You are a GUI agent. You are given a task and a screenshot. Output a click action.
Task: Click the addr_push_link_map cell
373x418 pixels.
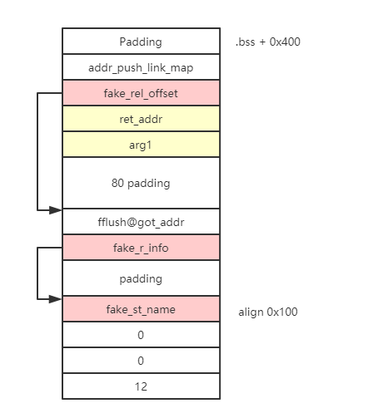pos(141,67)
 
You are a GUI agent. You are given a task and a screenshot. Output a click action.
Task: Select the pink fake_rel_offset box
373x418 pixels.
pos(141,93)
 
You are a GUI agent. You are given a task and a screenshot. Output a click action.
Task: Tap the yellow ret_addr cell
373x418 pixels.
pos(141,119)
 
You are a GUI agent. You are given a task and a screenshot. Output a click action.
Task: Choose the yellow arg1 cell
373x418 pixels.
pos(141,145)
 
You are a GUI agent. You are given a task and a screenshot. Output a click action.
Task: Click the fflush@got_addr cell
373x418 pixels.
pos(141,222)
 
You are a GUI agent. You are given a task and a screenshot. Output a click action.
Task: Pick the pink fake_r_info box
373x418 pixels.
pos(141,248)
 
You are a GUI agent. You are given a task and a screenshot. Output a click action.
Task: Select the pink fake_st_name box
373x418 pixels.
pos(141,309)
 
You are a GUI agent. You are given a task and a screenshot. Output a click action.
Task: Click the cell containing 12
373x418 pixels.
pos(141,386)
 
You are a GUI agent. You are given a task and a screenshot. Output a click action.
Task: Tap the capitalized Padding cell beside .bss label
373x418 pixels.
pos(141,42)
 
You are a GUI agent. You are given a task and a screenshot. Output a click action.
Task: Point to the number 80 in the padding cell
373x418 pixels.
pos(117,183)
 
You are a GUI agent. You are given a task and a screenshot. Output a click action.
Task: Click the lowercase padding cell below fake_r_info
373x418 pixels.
pos(141,278)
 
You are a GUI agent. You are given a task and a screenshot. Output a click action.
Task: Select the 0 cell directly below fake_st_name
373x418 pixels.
pos(141,335)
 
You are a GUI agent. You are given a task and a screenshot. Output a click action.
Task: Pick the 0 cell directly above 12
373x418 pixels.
pos(141,361)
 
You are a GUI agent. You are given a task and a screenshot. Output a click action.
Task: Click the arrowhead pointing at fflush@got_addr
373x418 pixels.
pos(55,210)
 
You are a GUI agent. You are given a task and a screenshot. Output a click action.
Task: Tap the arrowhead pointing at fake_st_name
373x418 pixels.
pos(55,299)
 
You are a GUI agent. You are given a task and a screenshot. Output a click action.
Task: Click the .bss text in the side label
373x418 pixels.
pos(245,42)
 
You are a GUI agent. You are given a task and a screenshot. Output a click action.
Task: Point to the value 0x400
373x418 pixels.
pos(285,42)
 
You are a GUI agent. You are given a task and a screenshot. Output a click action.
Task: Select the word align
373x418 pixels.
pos(251,312)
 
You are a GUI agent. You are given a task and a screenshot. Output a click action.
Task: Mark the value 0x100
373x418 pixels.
pos(282,312)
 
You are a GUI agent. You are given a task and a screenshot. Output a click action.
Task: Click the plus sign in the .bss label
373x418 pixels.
pos(262,42)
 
